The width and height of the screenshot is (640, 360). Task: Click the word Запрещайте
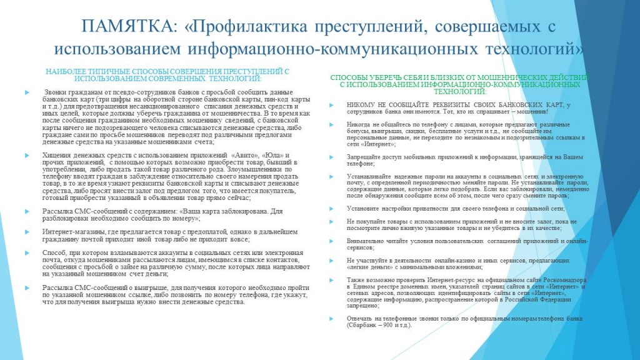coord(366,156)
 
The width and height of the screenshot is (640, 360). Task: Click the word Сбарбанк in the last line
coord(361,325)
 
